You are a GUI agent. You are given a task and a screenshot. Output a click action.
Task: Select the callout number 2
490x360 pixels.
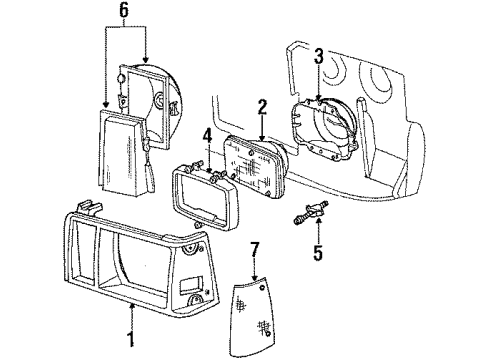point(261,105)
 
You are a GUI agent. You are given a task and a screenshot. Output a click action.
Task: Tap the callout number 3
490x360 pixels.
point(318,57)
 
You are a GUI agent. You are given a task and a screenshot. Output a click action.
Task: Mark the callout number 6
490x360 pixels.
point(124,10)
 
